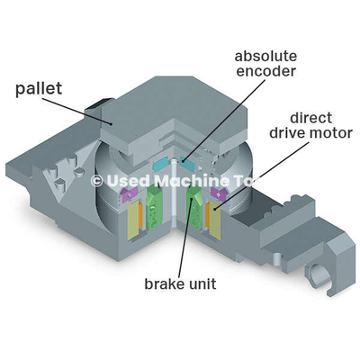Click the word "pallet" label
click(x=39, y=88)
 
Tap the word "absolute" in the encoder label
click(x=265, y=57)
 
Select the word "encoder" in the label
click(x=266, y=71)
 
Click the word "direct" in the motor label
click(x=311, y=118)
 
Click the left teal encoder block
click(x=161, y=165)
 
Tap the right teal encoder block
click(x=188, y=164)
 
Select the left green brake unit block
click(x=154, y=207)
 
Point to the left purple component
click(x=130, y=194)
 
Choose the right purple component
click(x=220, y=194)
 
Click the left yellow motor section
click(x=133, y=220)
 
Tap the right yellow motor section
click(x=215, y=220)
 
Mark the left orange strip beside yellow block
click(x=140, y=217)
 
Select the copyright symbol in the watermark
click(x=97, y=181)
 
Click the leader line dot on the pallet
click(x=112, y=123)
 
